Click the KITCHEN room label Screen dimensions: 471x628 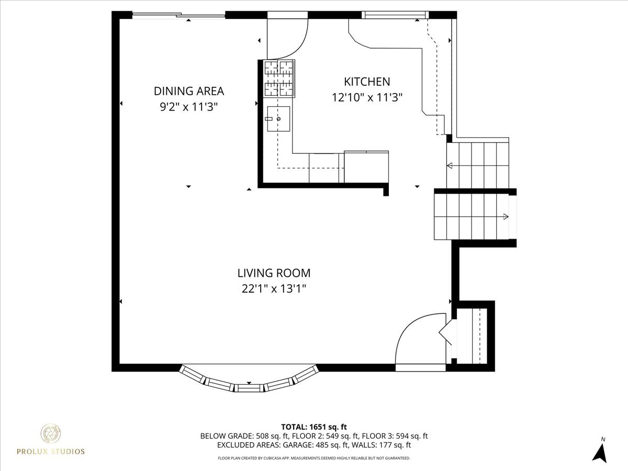pos(366,82)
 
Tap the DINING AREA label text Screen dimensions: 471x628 pos(188,91)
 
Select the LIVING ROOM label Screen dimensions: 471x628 pos(274,273)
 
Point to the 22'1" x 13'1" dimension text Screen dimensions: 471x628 pos(274,289)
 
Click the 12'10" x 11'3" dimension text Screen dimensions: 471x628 pos(366,97)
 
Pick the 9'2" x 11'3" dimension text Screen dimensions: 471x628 pos(188,107)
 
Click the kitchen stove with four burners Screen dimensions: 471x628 pos(279,78)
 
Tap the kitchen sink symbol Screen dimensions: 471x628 pos(277,119)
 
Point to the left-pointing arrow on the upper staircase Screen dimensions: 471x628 pos(450,166)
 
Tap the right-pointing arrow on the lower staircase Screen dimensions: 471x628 pos(506,217)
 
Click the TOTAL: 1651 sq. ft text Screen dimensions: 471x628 pos(314,426)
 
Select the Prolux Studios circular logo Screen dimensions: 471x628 pos(51,434)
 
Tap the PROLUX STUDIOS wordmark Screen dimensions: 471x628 pos(51,452)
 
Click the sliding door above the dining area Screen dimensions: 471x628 pos(178,16)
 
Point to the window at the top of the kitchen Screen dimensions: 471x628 pos(396,15)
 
